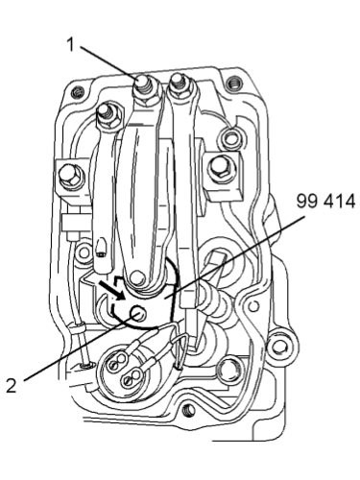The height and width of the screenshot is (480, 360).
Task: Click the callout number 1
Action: coord(71,44)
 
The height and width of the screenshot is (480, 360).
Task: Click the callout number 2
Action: coord(12,385)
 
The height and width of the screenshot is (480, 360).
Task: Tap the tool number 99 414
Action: coord(325,202)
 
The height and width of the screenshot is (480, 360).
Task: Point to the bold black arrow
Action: coord(112,291)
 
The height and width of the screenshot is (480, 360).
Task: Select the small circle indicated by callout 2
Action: coord(138,312)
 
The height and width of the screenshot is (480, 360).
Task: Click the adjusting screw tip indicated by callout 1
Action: coord(141,84)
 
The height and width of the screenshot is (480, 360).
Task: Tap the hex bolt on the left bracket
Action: coord(70,176)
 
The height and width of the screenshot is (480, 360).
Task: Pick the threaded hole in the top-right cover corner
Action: coord(233,84)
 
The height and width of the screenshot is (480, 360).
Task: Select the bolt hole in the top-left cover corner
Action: coord(77,92)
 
